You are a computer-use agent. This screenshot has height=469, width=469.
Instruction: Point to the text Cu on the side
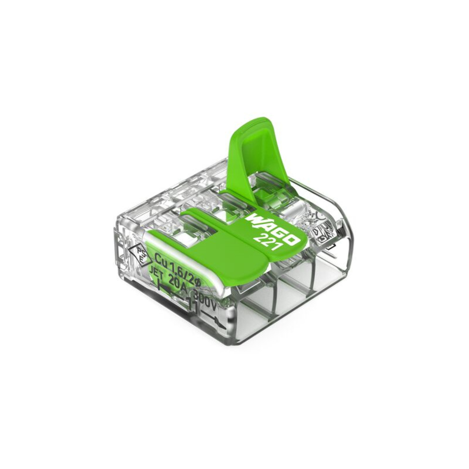(162, 259)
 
